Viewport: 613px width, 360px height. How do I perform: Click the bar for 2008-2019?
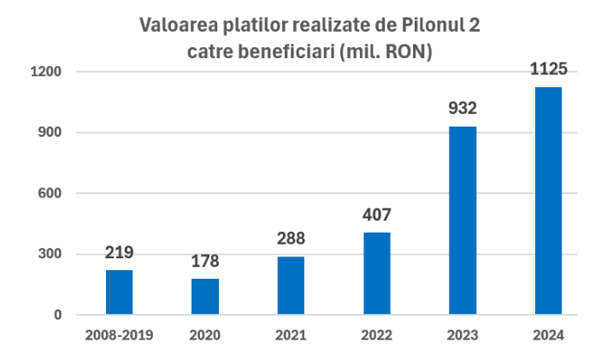click(x=119, y=292)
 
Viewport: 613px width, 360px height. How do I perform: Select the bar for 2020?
click(x=205, y=297)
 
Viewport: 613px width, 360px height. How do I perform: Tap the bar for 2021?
click(x=291, y=286)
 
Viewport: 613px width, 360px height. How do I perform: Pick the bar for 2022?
click(x=376, y=274)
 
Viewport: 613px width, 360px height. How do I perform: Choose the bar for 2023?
click(x=463, y=221)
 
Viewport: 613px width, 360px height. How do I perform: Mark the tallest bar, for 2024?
click(x=548, y=201)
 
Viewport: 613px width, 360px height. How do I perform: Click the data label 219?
click(x=119, y=253)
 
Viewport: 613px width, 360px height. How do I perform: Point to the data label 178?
click(x=205, y=262)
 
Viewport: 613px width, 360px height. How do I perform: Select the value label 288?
click(x=291, y=239)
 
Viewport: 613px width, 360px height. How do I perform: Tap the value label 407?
click(x=376, y=215)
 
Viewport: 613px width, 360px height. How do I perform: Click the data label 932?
click(x=463, y=109)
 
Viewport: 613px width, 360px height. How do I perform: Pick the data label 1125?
click(x=549, y=69)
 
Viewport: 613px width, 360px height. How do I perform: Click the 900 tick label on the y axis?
click(x=50, y=133)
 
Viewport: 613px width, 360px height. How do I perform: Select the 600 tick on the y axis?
click(x=50, y=193)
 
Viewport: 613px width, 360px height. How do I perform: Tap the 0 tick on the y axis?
click(x=58, y=315)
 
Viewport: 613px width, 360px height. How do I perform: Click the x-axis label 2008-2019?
click(x=119, y=334)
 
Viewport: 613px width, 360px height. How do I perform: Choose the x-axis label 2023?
click(x=463, y=334)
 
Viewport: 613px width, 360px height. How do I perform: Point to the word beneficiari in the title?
click(x=283, y=52)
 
